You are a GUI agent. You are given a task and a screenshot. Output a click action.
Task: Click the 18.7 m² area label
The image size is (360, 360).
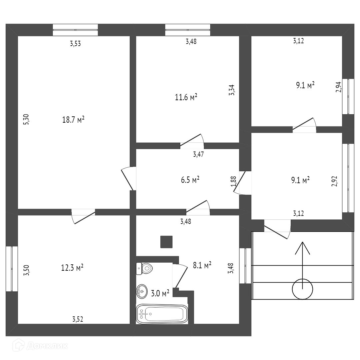point(73,120)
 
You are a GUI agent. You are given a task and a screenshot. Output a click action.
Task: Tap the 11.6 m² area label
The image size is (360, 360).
point(186,97)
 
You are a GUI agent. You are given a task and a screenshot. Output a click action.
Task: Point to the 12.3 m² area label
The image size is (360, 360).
point(72,268)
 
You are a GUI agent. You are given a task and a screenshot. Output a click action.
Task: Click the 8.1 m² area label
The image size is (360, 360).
point(202,266)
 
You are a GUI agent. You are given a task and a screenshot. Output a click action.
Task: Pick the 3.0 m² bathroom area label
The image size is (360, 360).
point(160,293)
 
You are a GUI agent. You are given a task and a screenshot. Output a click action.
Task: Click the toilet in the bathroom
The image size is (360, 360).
point(144,268)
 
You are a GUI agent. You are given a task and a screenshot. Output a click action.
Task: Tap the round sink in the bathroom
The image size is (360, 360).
point(142,292)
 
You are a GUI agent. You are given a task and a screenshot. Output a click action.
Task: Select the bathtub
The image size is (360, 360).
point(162,314)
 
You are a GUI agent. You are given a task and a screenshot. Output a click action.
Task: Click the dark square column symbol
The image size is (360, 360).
point(166,242)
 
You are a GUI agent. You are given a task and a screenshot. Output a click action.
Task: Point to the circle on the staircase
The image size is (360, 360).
point(302,289)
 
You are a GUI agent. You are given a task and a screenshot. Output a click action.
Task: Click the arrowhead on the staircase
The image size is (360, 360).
point(302,248)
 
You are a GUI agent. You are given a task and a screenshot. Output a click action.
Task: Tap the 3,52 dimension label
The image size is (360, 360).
point(78,319)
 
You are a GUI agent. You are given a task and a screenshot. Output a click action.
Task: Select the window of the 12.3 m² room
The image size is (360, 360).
point(12,269)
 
